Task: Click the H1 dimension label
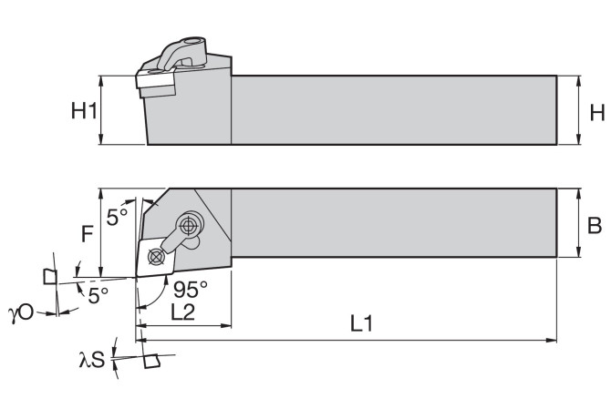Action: (84, 110)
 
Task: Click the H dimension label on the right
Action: (597, 113)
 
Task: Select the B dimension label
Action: (595, 225)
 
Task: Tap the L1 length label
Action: (362, 323)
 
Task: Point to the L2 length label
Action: (183, 312)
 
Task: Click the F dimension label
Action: (87, 234)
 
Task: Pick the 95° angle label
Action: (191, 289)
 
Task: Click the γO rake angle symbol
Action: (21, 312)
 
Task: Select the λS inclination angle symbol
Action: (92, 360)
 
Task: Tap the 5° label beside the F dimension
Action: (118, 217)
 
